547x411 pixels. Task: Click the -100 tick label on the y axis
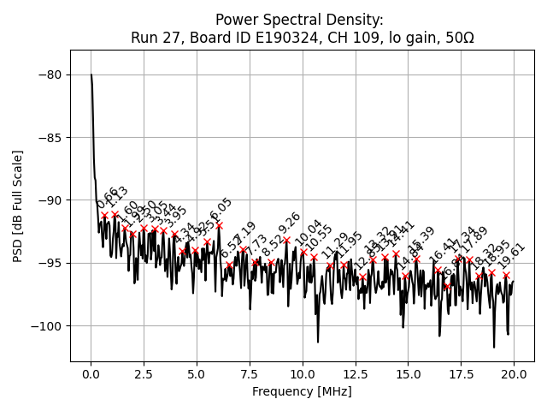tap(46, 325)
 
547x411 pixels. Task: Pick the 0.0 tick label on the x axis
tap(91, 374)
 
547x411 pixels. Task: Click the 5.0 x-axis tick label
tap(197, 374)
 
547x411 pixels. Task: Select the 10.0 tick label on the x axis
tap(303, 374)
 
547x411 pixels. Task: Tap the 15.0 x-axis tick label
tap(409, 374)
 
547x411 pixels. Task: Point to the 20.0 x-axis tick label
tap(514, 374)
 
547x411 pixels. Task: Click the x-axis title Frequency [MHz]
tap(302, 391)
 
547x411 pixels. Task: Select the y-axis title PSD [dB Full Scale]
tap(18, 205)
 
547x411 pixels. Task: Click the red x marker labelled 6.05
tap(219, 226)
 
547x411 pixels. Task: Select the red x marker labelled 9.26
tap(286, 241)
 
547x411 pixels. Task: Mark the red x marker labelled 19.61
tap(506, 275)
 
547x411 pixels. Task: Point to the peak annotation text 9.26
tap(290, 223)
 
